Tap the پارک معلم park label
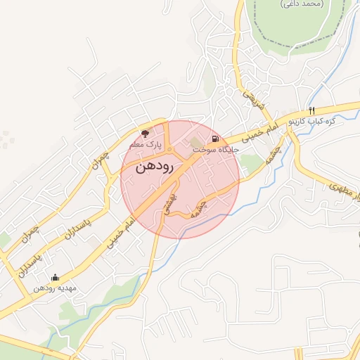coord(146,144)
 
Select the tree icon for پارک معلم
coord(146,132)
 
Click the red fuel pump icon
coord(214,139)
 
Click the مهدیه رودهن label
coord(57,288)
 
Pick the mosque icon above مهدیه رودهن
coord(56,277)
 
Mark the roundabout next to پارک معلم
coord(169,149)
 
